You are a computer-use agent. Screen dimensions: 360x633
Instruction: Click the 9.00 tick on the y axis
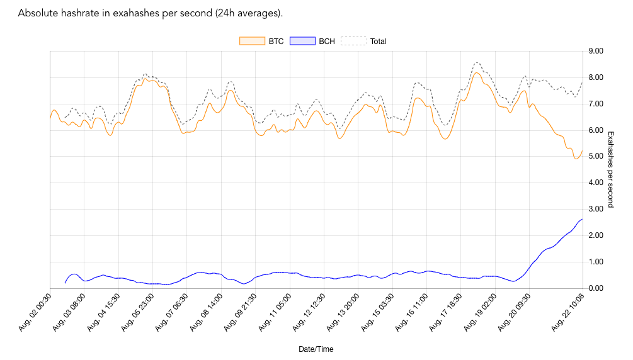[x=595, y=51]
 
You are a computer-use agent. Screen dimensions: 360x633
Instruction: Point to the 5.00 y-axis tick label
[x=595, y=157]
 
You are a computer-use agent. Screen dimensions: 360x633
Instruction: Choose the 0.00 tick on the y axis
[x=595, y=288]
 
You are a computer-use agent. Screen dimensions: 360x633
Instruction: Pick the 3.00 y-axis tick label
[x=595, y=209]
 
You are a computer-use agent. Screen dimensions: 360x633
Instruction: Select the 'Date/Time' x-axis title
[x=316, y=349]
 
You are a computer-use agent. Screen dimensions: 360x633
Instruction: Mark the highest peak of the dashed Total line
[x=477, y=62]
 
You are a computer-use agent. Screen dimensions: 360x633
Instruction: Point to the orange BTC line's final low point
[x=576, y=159]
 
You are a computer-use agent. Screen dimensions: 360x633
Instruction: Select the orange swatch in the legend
[x=249, y=42]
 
